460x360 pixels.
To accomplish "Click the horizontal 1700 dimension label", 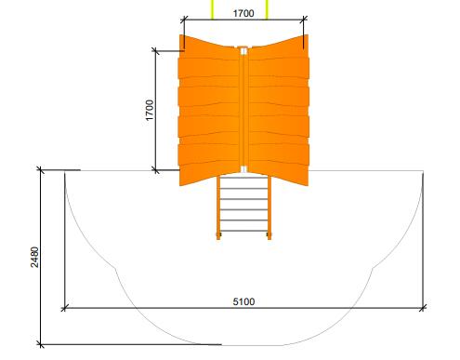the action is point(243,13).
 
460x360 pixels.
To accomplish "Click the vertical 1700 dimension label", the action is point(150,110).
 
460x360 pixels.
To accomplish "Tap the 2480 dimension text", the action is point(34,257).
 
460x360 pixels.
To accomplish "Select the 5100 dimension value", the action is point(243,301).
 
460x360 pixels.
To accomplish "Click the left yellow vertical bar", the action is point(213,9).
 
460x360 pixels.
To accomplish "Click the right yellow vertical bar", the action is point(267,9).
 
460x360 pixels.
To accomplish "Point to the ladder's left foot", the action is point(218,236).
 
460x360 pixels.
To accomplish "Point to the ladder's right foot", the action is point(269,236).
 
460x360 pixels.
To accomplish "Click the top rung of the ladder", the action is point(243,178).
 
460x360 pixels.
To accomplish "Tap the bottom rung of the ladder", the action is point(243,231).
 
